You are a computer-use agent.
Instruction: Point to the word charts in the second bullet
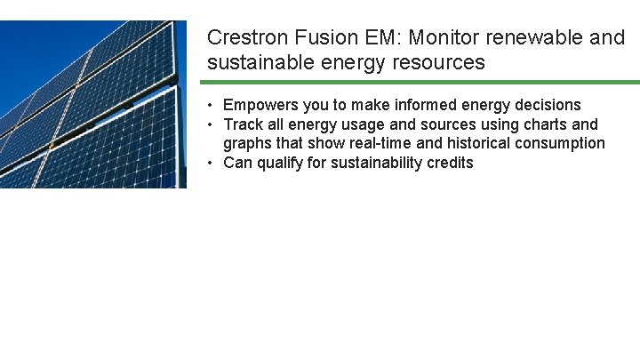point(542,124)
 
